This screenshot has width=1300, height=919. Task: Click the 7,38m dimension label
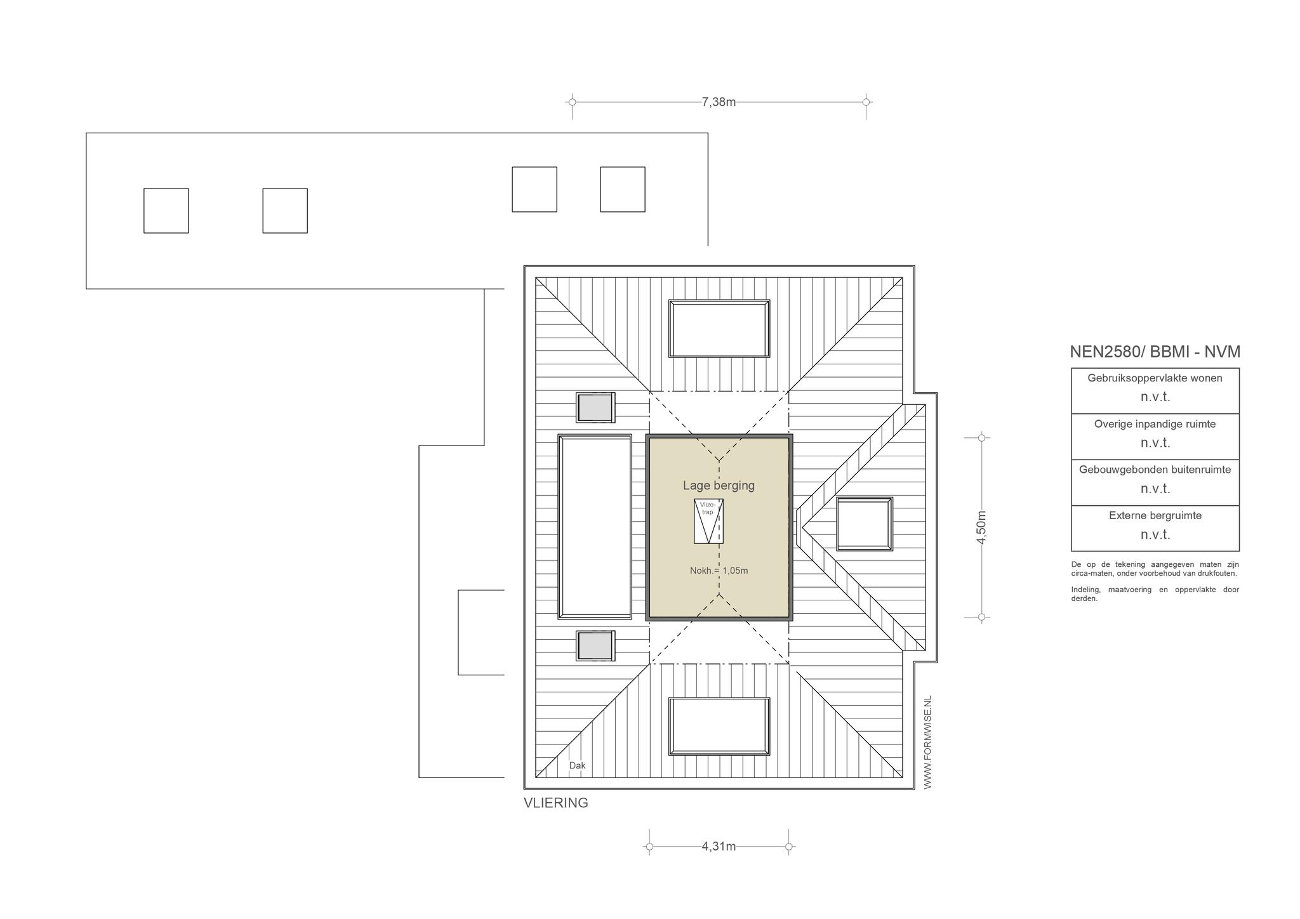[719, 102]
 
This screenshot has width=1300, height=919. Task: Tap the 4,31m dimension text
[719, 846]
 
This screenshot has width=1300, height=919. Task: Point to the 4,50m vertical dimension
[981, 527]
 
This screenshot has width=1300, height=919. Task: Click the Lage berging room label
[719, 486]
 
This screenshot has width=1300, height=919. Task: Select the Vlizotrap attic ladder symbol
[708, 521]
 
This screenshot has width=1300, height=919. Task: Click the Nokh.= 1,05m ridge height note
[719, 571]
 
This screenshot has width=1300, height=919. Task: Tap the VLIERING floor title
[555, 803]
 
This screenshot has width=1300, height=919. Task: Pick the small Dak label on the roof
[577, 765]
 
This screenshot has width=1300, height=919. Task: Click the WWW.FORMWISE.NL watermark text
[927, 743]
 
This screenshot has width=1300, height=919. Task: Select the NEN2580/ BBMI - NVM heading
[1155, 352]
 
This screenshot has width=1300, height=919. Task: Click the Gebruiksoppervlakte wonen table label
[1155, 378]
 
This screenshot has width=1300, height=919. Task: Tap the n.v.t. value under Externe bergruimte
[1155, 534]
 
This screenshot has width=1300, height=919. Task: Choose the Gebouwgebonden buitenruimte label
[1155, 470]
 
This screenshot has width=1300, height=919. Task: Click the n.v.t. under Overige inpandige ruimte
[1155, 442]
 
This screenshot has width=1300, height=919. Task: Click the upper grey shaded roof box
[595, 407]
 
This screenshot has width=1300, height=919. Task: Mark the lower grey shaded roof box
[595, 645]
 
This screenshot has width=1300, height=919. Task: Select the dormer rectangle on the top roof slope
[719, 329]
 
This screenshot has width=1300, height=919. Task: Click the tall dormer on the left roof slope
[595, 527]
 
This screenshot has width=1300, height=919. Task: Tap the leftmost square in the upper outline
[166, 211]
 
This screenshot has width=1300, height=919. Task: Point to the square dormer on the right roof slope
[865, 524]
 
